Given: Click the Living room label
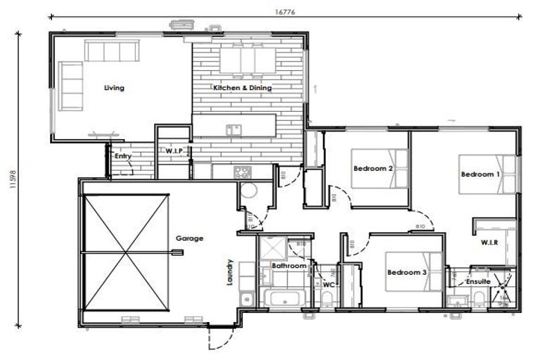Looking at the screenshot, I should (114, 88).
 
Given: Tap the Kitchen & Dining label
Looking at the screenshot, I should (243, 88).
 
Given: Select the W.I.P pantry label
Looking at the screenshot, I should (174, 150).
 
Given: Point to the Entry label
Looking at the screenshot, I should (123, 156).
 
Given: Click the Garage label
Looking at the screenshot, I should (189, 238).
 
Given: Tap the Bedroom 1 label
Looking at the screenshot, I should (481, 174).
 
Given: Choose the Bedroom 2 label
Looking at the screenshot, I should (373, 167).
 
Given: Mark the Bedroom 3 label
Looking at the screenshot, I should (407, 272).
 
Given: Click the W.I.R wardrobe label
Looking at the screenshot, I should (490, 243).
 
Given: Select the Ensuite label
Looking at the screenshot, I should (478, 282).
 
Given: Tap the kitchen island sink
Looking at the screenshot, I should (233, 129).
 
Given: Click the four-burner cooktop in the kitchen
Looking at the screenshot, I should (243, 171).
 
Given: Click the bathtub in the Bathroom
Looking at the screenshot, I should (283, 296).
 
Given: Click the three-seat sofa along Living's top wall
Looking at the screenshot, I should (112, 51).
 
